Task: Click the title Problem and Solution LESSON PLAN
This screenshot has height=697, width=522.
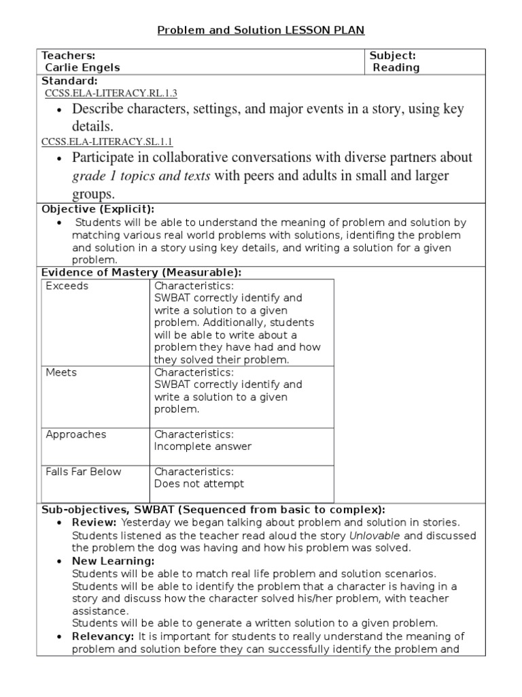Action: click(x=261, y=31)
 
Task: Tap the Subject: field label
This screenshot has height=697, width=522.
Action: click(x=392, y=55)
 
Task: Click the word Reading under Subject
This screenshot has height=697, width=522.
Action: click(x=396, y=67)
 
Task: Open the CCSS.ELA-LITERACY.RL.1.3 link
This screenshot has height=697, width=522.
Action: click(x=109, y=93)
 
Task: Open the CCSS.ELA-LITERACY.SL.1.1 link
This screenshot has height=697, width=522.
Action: click(x=107, y=142)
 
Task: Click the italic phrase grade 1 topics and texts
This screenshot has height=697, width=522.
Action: click(x=141, y=176)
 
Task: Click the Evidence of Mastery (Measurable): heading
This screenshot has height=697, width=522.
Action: click(x=141, y=272)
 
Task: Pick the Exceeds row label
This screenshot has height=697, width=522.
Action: click(x=67, y=286)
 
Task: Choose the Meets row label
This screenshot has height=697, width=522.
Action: click(x=61, y=372)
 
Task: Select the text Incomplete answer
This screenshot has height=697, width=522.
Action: click(x=203, y=447)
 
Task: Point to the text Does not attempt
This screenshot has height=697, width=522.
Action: click(x=198, y=483)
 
